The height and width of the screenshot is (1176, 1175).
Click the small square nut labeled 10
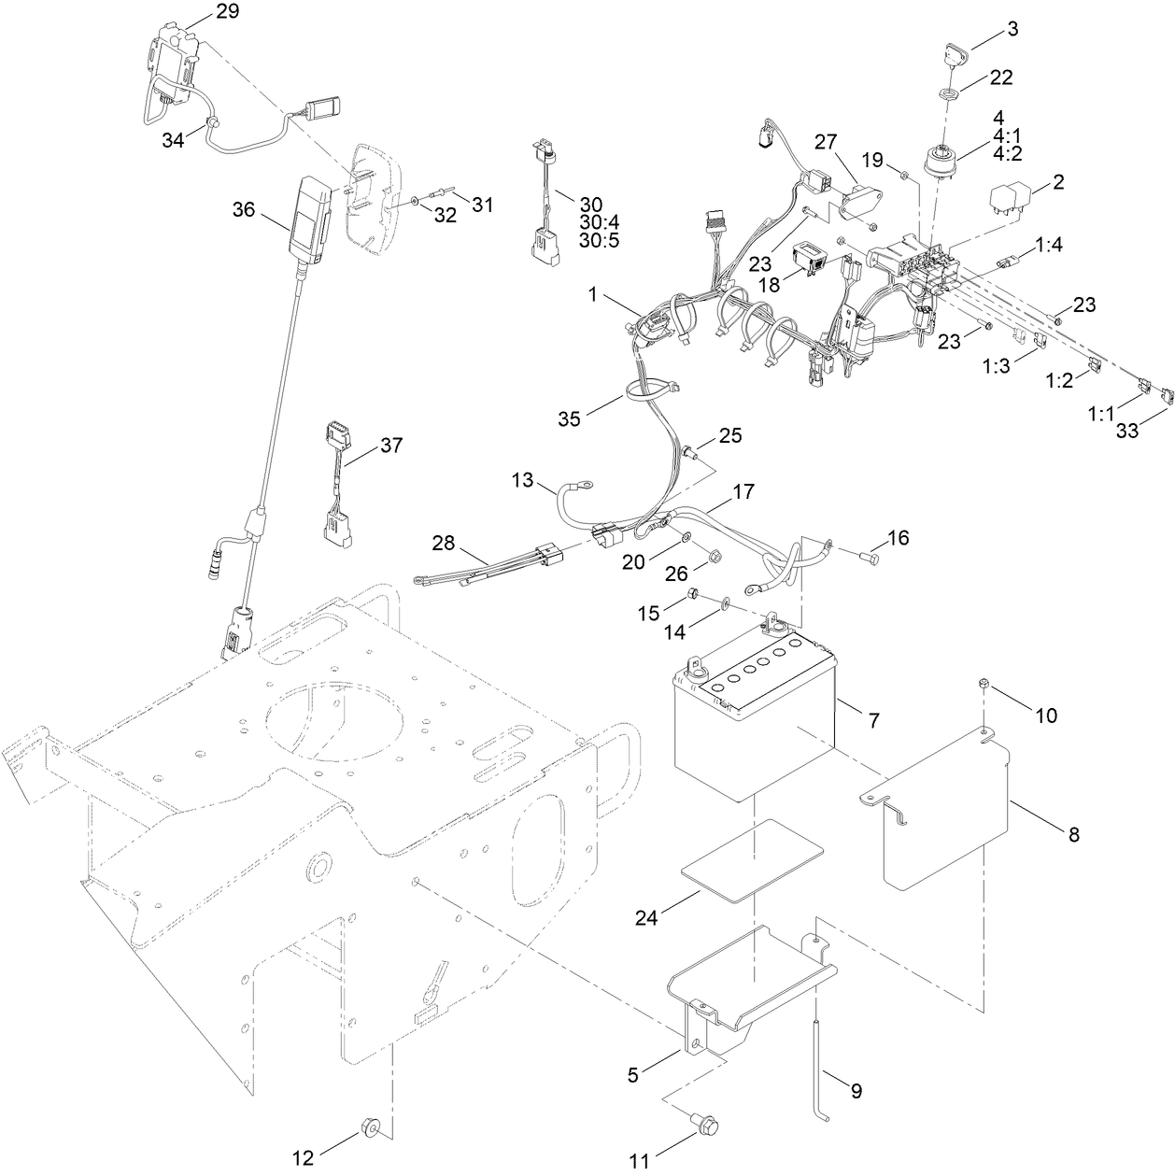click(986, 687)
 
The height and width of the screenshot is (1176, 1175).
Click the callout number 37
click(390, 446)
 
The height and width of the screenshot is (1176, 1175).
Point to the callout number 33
click(1128, 432)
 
